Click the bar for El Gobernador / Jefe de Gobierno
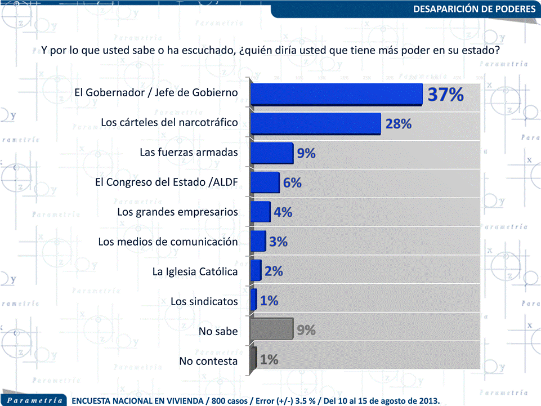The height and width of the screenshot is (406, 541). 336,93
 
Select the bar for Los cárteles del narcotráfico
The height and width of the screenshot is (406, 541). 316,123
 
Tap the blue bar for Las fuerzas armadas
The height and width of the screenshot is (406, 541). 272,153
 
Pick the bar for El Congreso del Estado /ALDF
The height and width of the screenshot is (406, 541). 265,182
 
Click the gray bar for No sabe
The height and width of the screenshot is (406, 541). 272,329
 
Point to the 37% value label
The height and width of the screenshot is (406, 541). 445,95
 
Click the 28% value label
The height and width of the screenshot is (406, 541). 399,124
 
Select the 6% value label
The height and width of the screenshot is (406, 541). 293,183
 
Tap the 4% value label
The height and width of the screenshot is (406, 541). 283,212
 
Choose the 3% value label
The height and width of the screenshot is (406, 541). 278,242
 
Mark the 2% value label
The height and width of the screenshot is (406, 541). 274,271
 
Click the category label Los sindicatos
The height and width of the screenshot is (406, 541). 204,301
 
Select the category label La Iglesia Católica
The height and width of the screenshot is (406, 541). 195,272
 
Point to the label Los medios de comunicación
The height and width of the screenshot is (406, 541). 168,242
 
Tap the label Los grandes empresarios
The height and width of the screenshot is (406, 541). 177,212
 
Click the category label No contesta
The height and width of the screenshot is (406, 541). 208,361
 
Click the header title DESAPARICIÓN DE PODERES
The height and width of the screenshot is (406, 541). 474,9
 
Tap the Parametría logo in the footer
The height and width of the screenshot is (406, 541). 35,400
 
